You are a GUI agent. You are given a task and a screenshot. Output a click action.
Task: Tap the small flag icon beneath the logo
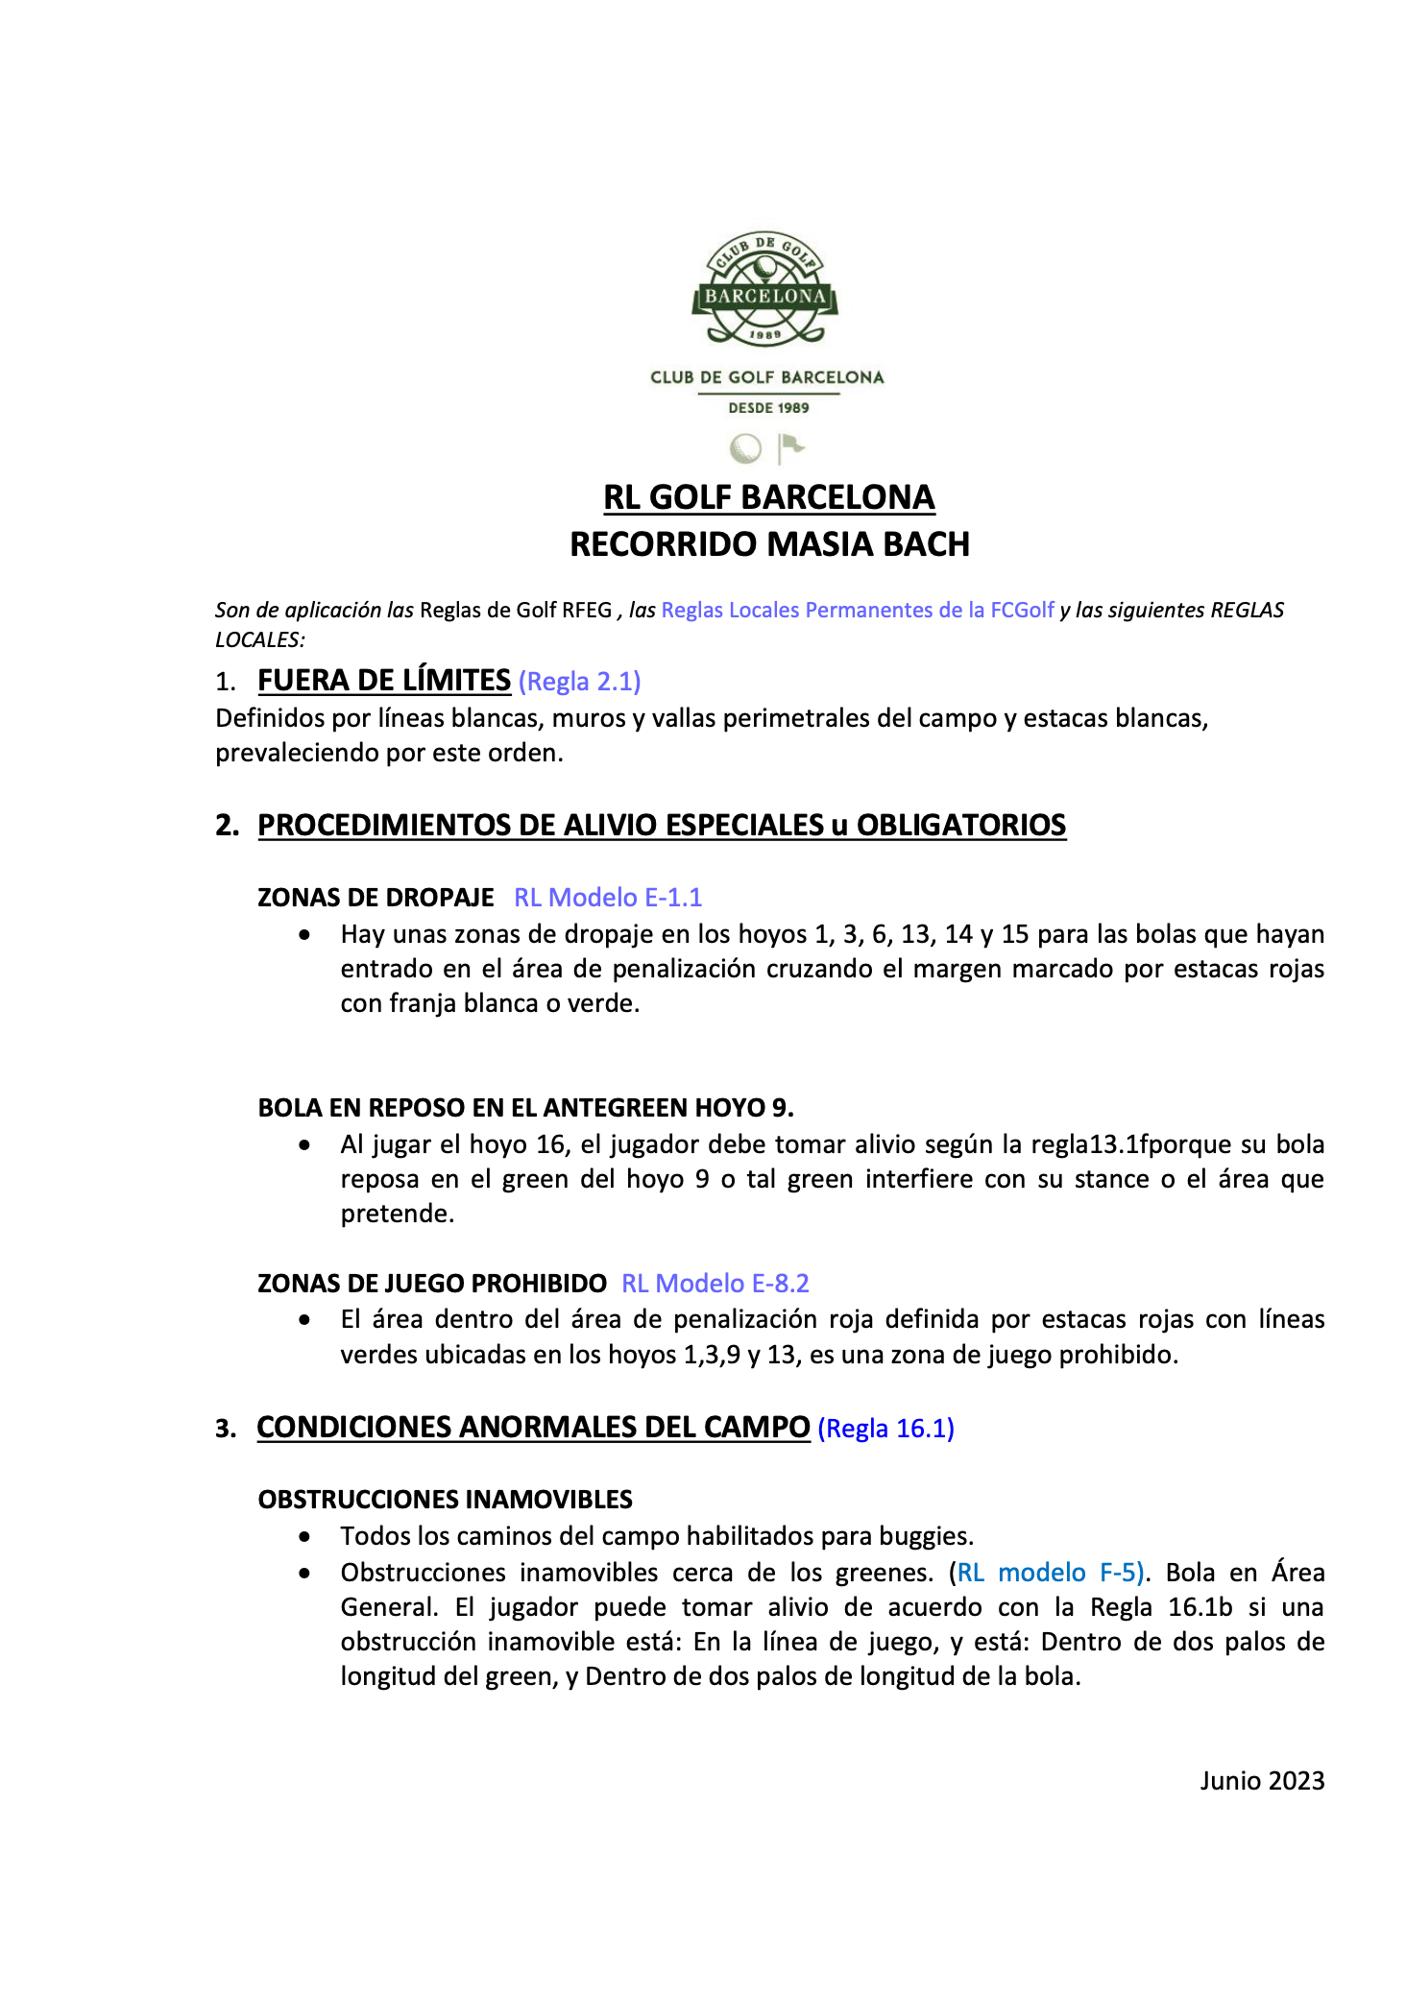[x=790, y=447]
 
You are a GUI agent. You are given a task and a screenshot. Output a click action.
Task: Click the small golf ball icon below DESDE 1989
[x=745, y=448]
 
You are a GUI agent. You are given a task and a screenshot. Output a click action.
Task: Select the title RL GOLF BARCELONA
[x=768, y=497]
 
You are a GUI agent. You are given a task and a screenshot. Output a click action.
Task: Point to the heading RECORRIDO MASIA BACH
[x=769, y=544]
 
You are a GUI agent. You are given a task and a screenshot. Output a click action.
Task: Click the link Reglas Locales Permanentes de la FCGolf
[x=858, y=610]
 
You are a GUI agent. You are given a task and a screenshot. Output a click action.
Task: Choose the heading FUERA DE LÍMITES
[x=384, y=681]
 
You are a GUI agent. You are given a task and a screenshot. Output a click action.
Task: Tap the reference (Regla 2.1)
[x=579, y=682]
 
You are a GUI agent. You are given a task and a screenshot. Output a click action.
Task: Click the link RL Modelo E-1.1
[x=608, y=898]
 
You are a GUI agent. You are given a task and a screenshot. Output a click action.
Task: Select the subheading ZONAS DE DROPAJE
[x=376, y=898]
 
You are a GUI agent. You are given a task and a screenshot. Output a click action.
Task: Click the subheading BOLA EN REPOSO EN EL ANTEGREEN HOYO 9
[x=525, y=1108]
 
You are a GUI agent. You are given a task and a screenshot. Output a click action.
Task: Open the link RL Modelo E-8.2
[x=715, y=1284]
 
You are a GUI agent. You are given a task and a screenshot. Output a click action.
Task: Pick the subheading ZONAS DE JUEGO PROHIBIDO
[x=432, y=1284]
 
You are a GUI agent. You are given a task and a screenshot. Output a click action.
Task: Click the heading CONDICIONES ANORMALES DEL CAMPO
[x=533, y=1428]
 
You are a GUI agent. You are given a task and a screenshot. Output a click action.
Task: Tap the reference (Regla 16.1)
[x=885, y=1429]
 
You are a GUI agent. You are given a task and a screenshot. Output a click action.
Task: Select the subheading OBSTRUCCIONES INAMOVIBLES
[x=446, y=1500]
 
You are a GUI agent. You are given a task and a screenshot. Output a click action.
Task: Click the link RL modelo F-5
[x=1051, y=1573]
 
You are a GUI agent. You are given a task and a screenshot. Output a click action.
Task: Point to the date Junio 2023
[x=1261, y=1781]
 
